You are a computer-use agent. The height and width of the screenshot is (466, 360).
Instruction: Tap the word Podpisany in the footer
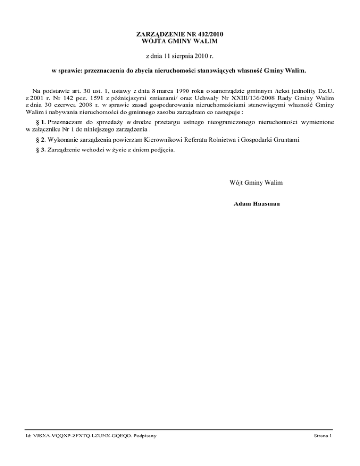(144, 436)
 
